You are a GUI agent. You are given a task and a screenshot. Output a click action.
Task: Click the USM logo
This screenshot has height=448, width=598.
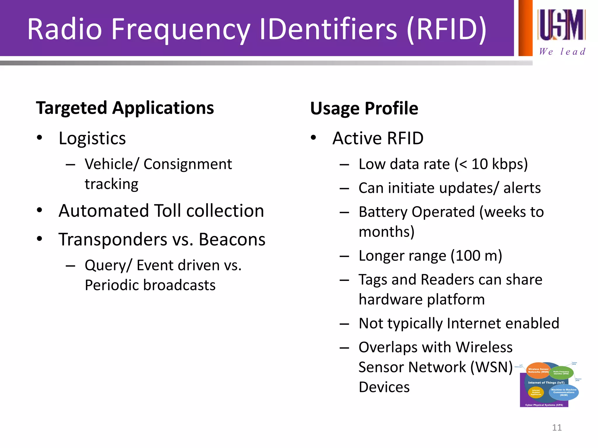[561, 25]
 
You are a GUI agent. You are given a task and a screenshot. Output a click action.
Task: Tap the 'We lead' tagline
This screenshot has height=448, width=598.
[562, 52]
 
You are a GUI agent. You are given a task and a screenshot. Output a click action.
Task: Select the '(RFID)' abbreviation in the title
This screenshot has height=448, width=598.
[446, 29]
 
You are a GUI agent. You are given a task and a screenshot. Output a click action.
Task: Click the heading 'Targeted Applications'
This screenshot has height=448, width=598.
[125, 108]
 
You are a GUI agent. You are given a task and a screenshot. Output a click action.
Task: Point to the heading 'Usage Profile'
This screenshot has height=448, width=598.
[364, 108]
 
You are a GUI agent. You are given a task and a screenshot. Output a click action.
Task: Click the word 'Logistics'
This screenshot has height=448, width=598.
[92, 138]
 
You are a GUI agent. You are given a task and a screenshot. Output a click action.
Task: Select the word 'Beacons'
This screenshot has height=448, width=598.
[232, 239]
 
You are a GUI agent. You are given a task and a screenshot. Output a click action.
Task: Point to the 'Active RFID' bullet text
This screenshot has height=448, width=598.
[378, 138]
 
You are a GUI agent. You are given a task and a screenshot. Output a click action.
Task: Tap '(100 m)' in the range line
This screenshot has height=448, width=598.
[476, 256]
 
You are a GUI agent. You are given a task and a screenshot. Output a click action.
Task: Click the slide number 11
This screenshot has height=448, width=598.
[557, 428]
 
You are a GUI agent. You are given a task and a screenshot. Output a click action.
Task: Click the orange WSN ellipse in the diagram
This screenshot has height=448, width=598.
[538, 370]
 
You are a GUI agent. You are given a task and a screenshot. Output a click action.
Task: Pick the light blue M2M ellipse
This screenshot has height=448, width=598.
[564, 393]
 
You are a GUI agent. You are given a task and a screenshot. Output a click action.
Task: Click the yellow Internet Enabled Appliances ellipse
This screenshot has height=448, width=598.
[536, 393]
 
